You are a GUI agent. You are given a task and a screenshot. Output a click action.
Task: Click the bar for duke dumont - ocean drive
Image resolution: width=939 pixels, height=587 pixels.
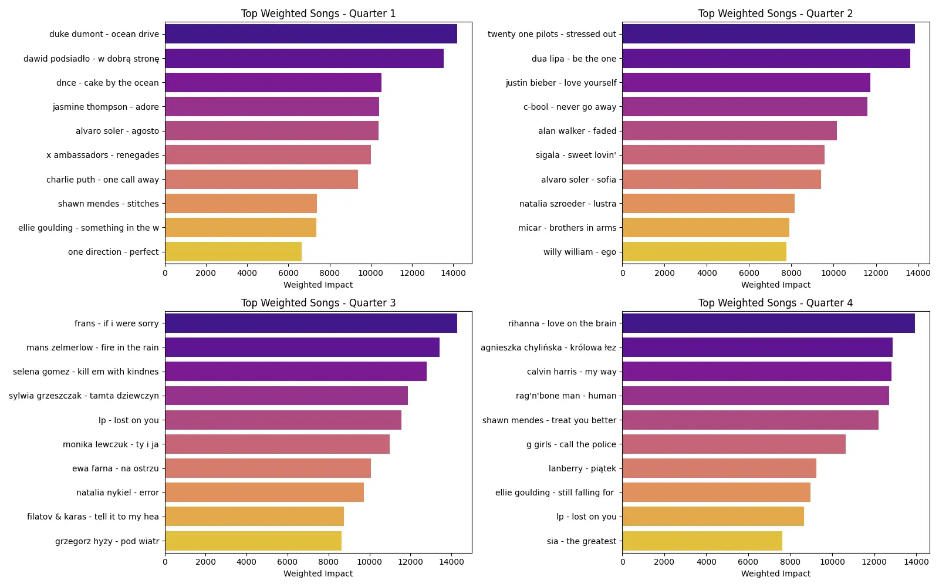point(310,34)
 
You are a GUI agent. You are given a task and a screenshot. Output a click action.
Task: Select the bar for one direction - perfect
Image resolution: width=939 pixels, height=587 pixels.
point(233,252)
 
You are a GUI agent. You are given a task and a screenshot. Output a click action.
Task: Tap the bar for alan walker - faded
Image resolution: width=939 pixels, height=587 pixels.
point(729,131)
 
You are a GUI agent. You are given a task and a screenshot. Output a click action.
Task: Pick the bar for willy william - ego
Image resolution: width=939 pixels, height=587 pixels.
point(704,252)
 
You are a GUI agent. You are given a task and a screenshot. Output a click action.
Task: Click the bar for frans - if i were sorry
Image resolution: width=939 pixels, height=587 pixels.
point(310,323)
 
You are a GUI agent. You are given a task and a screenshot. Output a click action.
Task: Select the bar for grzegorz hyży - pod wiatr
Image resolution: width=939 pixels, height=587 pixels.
point(253,541)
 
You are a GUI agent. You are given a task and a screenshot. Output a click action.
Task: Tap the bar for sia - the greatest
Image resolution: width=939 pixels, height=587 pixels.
point(702,541)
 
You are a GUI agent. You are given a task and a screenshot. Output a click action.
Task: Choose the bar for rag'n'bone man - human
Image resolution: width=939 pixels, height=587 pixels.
point(755,396)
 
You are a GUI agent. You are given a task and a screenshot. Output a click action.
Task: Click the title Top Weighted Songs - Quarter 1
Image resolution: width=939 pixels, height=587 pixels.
point(318,14)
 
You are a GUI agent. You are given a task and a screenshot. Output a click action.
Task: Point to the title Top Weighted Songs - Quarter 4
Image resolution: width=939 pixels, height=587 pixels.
point(775,303)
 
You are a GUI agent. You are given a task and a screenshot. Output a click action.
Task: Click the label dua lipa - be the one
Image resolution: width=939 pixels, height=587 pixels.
point(573,59)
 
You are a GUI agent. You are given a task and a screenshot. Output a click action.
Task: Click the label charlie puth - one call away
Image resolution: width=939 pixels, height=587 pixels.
point(102,180)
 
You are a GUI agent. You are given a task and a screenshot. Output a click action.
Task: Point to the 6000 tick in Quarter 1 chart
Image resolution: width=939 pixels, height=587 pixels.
point(288,273)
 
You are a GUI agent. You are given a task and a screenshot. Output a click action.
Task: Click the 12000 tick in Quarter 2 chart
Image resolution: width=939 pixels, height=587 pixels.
point(876,273)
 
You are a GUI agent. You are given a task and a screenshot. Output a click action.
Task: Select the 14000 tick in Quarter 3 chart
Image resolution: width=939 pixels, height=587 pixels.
point(451,562)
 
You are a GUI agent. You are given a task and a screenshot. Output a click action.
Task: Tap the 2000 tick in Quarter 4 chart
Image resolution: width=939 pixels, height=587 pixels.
point(664,562)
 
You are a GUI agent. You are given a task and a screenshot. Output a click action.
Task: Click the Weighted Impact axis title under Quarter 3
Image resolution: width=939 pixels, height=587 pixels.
point(318,573)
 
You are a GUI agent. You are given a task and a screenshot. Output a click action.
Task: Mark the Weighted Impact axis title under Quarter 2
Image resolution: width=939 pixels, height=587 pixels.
point(775,285)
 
